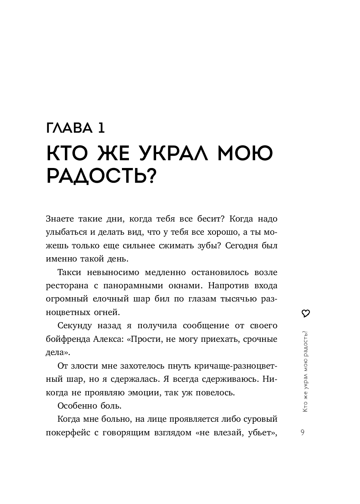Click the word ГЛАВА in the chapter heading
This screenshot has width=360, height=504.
tap(70, 128)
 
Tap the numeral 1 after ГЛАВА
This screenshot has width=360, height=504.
tap(101, 128)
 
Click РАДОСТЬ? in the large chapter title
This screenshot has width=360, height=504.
tap(101, 176)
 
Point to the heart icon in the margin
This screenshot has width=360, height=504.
tap(305, 313)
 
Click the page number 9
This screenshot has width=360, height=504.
tap(303, 433)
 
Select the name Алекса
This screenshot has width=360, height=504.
tap(108, 339)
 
